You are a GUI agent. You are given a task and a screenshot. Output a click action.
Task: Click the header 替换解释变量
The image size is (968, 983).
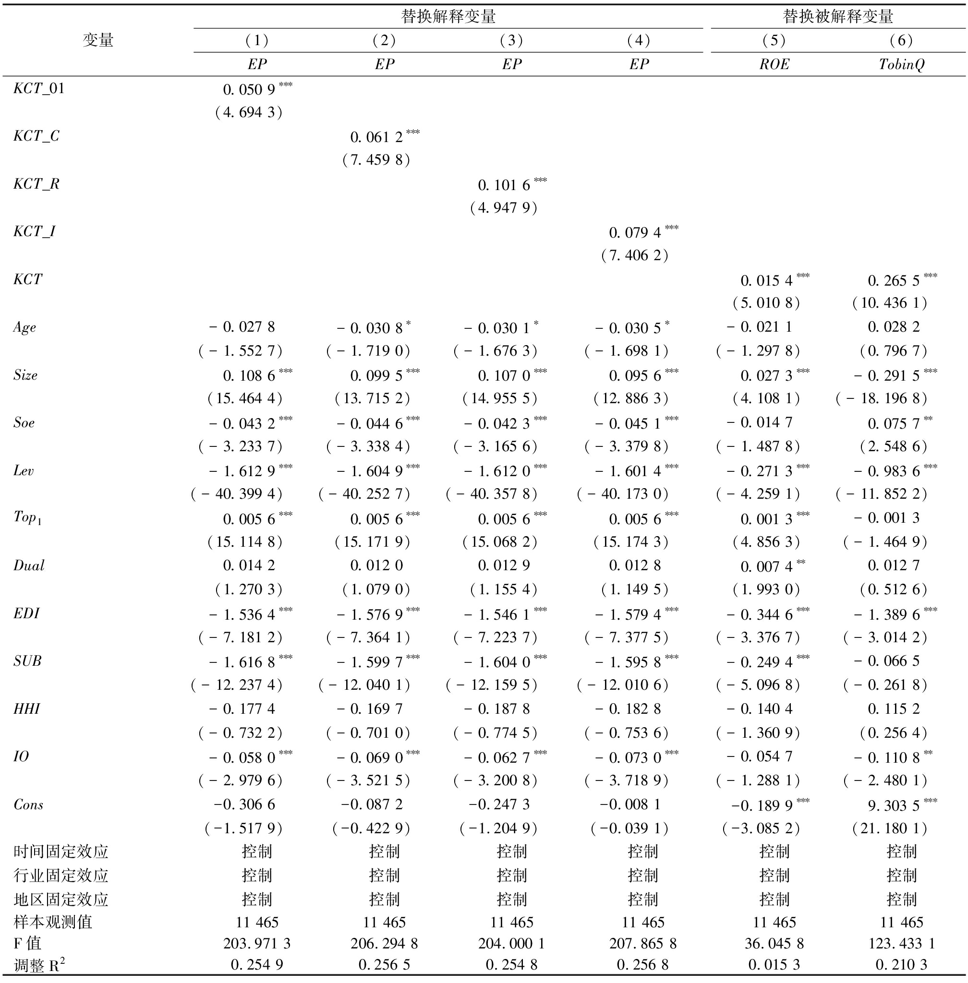(x=448, y=17)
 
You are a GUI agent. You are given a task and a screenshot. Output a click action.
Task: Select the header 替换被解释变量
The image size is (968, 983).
(x=837, y=17)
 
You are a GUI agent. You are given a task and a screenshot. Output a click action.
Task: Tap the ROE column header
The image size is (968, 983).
(x=774, y=64)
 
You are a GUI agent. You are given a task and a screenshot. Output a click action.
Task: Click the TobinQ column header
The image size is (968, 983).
(x=901, y=64)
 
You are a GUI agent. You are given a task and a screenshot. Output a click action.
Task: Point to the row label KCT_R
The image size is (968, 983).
(x=36, y=184)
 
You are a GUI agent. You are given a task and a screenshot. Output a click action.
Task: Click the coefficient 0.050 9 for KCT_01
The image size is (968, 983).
(x=249, y=90)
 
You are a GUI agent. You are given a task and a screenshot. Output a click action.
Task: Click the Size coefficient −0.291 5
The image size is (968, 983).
(x=887, y=376)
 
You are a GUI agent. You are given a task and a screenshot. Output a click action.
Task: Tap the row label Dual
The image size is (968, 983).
(x=29, y=566)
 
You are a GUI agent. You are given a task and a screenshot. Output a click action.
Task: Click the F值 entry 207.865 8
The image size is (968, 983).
(x=642, y=944)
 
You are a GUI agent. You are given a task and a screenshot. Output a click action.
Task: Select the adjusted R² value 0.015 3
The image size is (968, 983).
(x=774, y=965)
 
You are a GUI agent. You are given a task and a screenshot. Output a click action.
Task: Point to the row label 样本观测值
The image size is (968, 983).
(x=53, y=922)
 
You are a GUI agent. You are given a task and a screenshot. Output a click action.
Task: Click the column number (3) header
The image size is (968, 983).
(x=511, y=41)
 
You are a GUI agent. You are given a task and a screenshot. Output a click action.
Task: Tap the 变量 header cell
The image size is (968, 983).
(x=97, y=41)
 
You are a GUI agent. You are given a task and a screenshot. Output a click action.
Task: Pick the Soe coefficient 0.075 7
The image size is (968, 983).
(x=893, y=423)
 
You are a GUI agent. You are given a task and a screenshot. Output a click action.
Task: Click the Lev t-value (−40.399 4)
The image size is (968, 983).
(x=237, y=494)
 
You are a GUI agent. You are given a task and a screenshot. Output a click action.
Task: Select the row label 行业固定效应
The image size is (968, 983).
(x=61, y=875)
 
